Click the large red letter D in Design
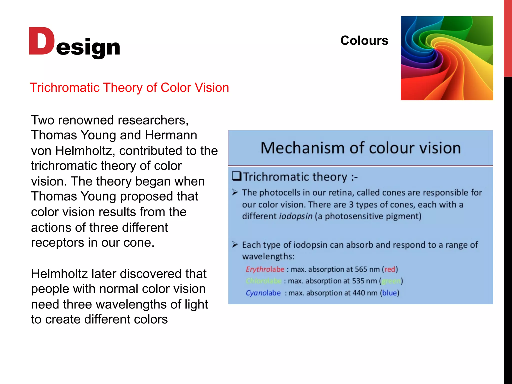(x=41, y=41)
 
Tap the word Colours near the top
(x=364, y=40)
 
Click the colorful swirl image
(x=447, y=58)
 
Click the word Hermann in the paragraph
(x=171, y=135)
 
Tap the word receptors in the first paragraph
(x=57, y=243)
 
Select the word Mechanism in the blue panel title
(x=303, y=148)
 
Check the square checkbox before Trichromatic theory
(x=236, y=176)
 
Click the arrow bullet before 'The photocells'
(x=235, y=192)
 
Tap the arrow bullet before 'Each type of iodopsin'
(x=235, y=244)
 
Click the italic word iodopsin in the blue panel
(x=296, y=216)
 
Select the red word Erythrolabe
(x=265, y=269)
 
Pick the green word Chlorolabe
(x=263, y=281)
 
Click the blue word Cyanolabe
(x=263, y=293)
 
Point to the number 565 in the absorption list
(x=361, y=269)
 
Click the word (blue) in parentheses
(x=389, y=293)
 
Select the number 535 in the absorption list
(x=358, y=281)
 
